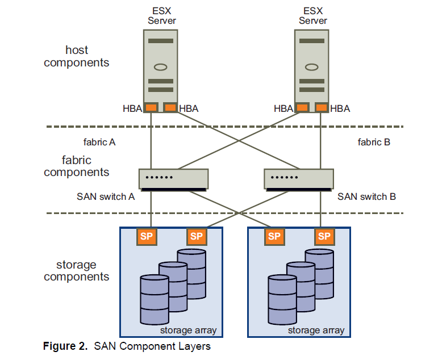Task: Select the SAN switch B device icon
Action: pyautogui.click(x=298, y=179)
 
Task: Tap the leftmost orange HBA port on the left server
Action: pyautogui.click(x=151, y=107)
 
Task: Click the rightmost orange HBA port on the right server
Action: pyautogui.click(x=322, y=107)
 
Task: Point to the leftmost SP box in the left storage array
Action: pyautogui.click(x=147, y=236)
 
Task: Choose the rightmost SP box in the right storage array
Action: pyautogui.click(x=324, y=236)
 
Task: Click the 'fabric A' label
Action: pyautogui.click(x=99, y=143)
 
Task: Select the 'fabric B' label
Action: pyautogui.click(x=374, y=143)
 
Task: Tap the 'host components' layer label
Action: pyautogui.click(x=77, y=57)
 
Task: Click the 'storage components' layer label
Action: pyautogui.click(x=77, y=271)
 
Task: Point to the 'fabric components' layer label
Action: pyautogui.click(x=77, y=166)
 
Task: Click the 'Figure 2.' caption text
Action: pyautogui.click(x=66, y=346)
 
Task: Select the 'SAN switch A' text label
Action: pyautogui.click(x=106, y=197)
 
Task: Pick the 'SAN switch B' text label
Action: pyautogui.click(x=366, y=197)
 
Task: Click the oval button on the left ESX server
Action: pyautogui.click(x=161, y=67)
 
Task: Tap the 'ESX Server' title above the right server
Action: pyautogui.click(x=312, y=16)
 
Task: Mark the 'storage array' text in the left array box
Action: pyautogui.click(x=188, y=330)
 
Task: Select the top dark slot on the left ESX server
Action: pyautogui.click(x=161, y=41)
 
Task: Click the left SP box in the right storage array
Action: pyautogui.click(x=274, y=236)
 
